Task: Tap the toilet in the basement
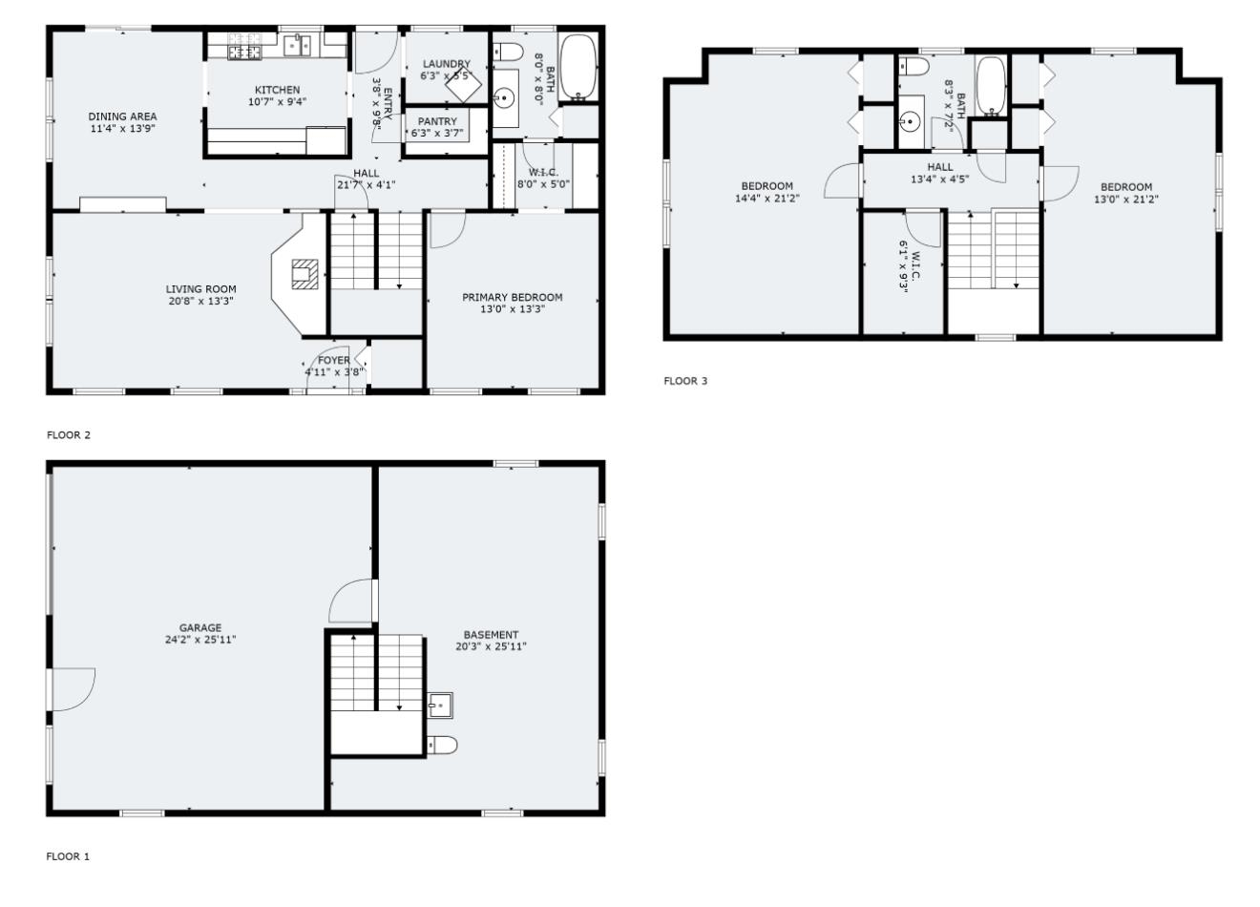(443, 745)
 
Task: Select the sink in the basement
(440, 706)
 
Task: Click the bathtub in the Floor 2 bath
(577, 67)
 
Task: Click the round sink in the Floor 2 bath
(504, 96)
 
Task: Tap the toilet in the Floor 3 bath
(913, 66)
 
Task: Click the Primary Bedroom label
(513, 297)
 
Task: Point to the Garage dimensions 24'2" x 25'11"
(200, 640)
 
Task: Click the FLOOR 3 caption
(685, 381)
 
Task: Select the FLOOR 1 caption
(68, 856)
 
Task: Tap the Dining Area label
(122, 116)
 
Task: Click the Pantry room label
(437, 121)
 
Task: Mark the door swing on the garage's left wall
(73, 688)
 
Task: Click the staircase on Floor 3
(993, 250)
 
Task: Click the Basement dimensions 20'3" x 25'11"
(492, 646)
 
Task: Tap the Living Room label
(200, 289)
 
